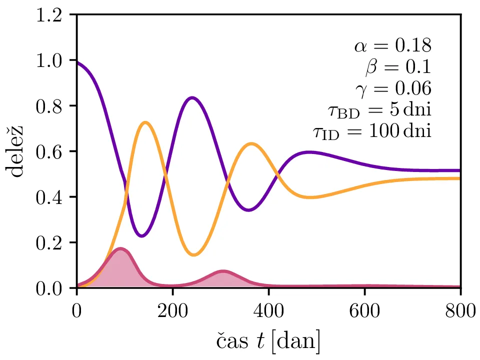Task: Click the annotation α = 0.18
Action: pyautogui.click(x=393, y=46)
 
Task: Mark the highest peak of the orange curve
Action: pyautogui.click(x=145, y=122)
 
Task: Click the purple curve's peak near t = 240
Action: pyautogui.click(x=192, y=97)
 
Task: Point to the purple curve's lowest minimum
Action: pyautogui.click(x=142, y=235)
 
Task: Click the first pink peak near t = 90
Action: pyautogui.click(x=119, y=248)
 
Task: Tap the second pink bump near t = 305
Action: pyautogui.click(x=223, y=271)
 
